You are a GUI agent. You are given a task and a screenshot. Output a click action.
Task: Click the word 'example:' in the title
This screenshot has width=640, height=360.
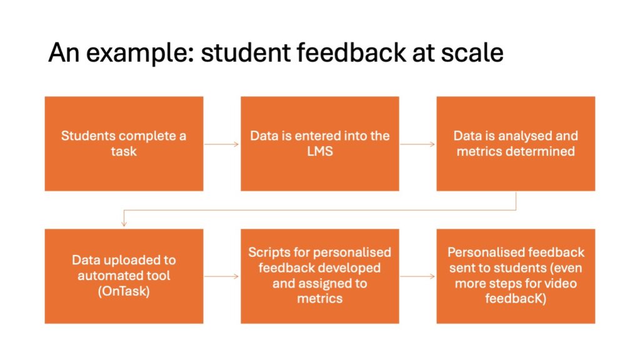click(140, 53)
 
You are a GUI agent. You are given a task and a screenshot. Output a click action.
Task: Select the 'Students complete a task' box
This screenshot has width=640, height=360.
click(124, 144)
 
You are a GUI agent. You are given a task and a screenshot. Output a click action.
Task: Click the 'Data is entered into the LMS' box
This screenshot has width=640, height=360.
click(320, 144)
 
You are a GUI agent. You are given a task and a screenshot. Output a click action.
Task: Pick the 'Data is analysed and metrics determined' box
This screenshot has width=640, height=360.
click(516, 144)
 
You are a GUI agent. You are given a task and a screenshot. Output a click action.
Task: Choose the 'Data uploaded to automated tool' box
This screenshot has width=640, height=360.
click(124, 276)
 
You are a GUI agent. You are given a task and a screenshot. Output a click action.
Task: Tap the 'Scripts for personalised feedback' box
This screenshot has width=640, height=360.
click(320, 276)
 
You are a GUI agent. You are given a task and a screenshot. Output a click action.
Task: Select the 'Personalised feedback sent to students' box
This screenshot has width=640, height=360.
click(516, 276)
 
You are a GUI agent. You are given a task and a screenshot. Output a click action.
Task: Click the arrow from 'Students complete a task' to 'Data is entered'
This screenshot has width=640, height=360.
click(222, 144)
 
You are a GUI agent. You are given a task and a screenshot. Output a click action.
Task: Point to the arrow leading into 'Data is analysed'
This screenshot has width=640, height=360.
click(417, 144)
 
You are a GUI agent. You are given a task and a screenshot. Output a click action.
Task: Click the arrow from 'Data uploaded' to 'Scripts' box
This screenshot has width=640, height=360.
click(222, 276)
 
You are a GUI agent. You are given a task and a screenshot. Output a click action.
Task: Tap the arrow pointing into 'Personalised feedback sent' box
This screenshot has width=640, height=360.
click(417, 276)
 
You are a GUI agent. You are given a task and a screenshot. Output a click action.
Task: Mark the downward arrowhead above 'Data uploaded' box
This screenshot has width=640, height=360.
click(124, 224)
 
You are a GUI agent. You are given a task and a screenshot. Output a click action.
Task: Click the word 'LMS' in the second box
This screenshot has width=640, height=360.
click(320, 151)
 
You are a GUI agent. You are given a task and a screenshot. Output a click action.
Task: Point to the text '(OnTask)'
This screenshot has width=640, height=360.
click(124, 291)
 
